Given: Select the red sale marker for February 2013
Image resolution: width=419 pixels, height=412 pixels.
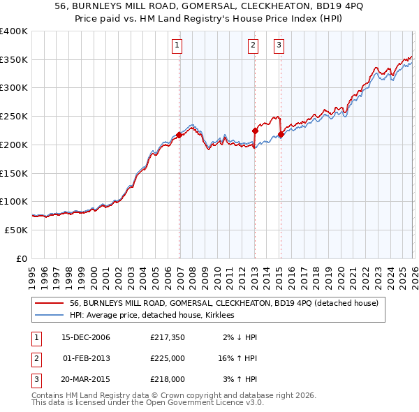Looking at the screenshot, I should pos(255,131).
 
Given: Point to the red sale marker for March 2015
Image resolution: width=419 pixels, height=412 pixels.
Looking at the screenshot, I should pos(281,134).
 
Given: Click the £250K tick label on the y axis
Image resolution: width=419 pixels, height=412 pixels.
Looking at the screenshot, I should pos(14,117).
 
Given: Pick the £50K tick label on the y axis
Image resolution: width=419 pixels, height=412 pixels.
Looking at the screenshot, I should pos(17,230).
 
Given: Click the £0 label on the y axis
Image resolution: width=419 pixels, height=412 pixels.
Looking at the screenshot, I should pos(22,258).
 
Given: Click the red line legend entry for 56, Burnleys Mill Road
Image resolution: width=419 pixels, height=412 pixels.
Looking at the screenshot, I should pos(223,304).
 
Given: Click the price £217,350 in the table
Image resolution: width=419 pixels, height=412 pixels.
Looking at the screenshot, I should pos(167,337).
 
